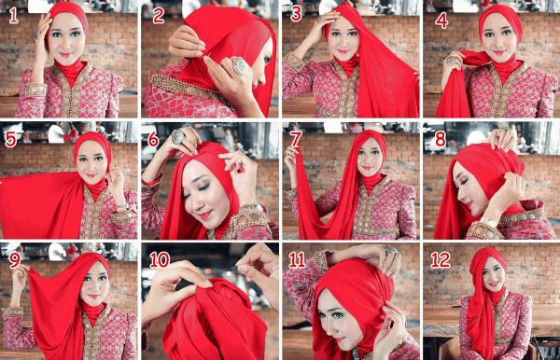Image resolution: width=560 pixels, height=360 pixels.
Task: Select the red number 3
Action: [x=296, y=14]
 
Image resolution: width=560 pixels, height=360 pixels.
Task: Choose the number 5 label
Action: [x=11, y=140]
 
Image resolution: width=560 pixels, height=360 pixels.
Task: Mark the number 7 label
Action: [x=296, y=139]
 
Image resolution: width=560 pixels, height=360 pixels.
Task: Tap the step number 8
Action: [x=440, y=139]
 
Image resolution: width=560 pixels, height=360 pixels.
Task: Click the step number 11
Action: [x=298, y=258]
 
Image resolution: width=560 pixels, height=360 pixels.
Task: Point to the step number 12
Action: [x=441, y=258]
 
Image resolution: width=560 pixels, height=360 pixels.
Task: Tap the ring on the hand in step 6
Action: [x=176, y=137]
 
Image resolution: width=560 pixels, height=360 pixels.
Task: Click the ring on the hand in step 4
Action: [x=455, y=60]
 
